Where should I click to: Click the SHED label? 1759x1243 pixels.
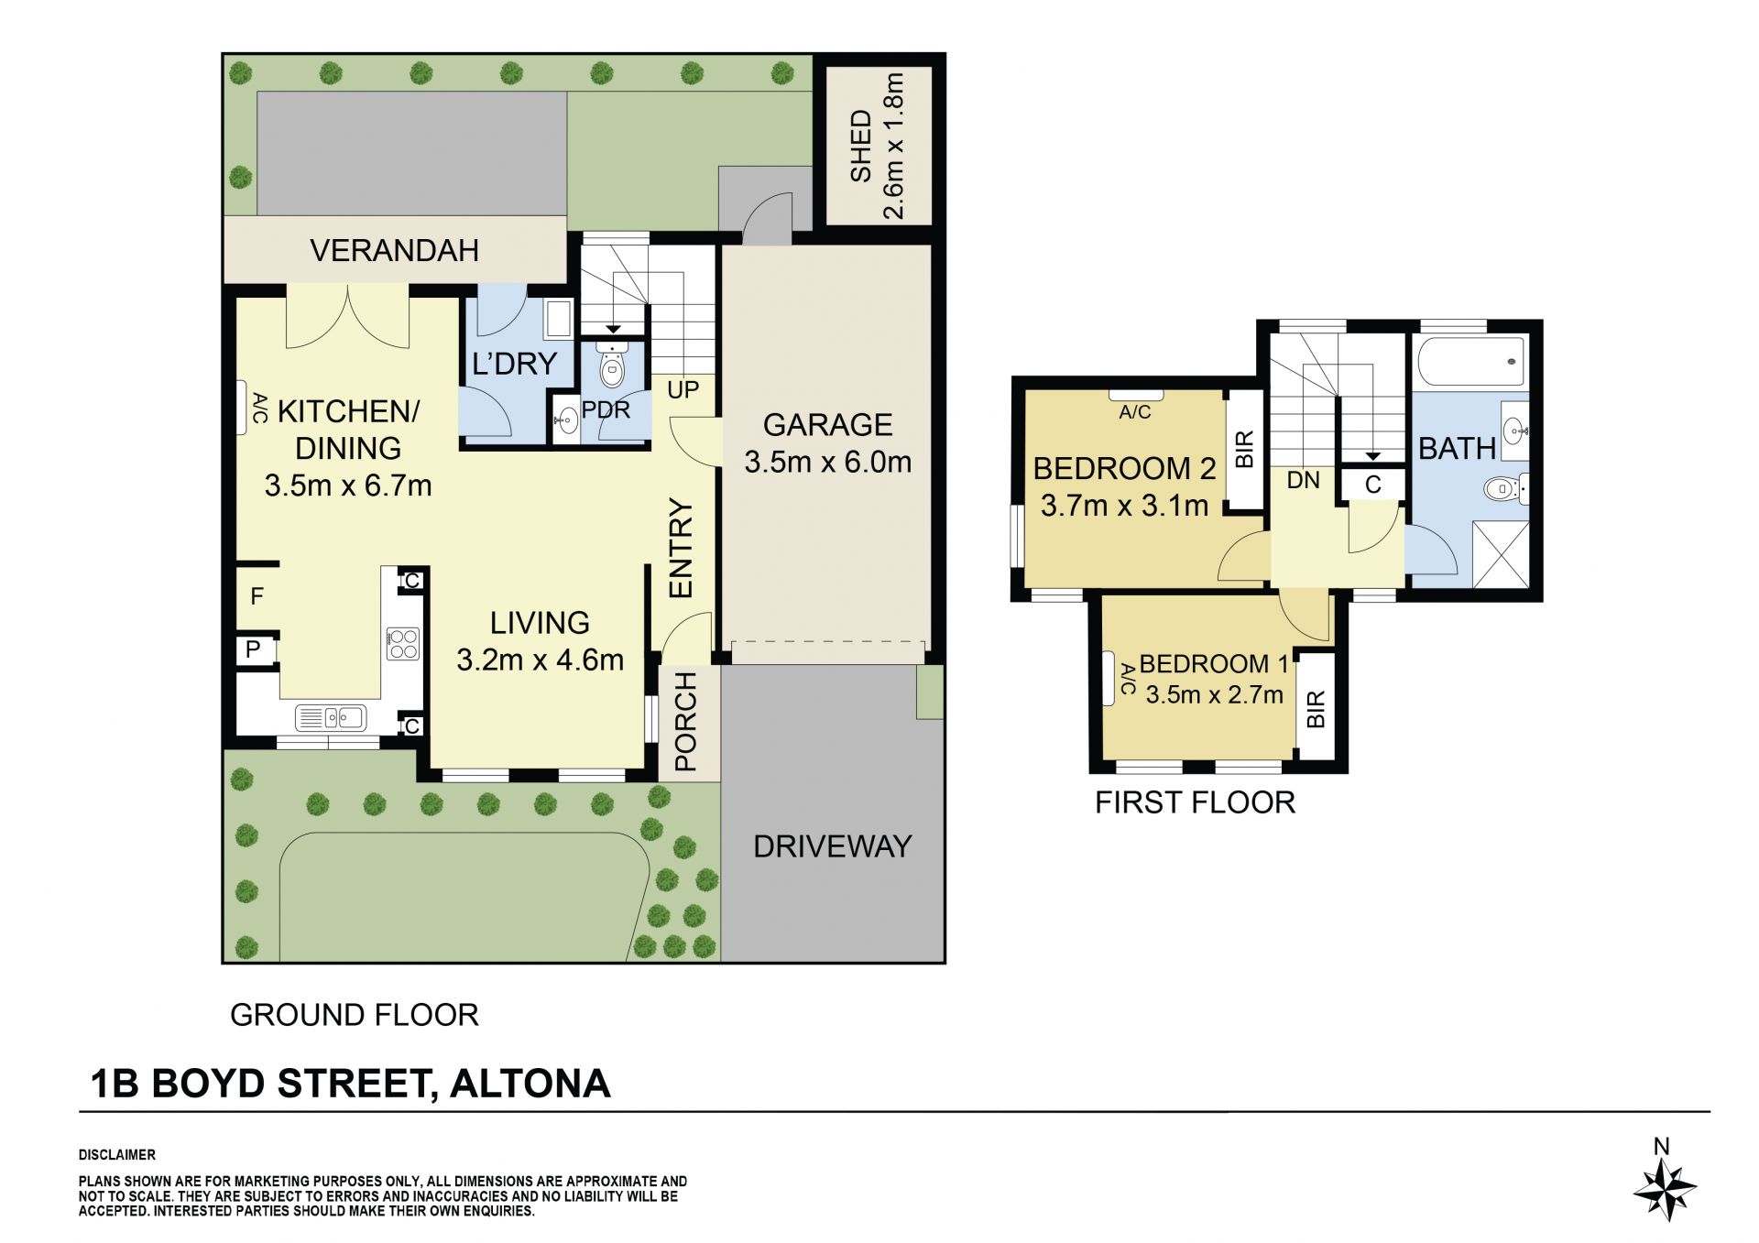coord(860,147)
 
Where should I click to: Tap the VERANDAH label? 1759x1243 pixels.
coord(394,250)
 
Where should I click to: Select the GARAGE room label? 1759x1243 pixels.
coord(827,424)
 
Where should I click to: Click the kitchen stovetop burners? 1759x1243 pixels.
coord(403,643)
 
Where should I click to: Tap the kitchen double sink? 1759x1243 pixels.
coord(332,717)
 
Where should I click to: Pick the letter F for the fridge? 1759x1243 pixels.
coord(257,596)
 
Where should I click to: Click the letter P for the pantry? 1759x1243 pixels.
coord(253,649)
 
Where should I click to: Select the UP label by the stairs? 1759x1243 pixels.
coord(683,390)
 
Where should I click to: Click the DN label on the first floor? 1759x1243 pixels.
coord(1303,480)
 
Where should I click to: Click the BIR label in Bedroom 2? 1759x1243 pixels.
coord(1244,450)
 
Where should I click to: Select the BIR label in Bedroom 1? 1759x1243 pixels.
coord(1316,709)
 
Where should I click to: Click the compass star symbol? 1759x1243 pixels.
coord(1665,1190)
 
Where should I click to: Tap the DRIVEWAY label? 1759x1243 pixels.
coord(832,846)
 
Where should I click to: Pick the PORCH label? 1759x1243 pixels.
coord(685,722)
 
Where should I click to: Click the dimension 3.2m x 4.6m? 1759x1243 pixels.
coord(540,660)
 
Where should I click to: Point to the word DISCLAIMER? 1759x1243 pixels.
coord(117,1155)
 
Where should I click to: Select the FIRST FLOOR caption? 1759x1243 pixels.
coord(1195,802)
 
